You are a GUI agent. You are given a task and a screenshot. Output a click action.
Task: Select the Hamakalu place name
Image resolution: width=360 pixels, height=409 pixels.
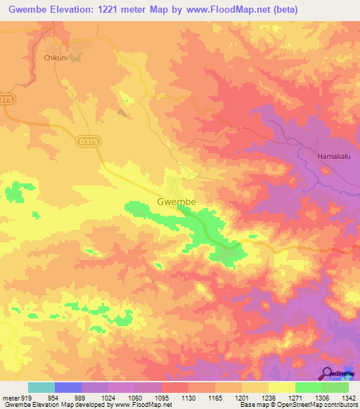pos(334,157)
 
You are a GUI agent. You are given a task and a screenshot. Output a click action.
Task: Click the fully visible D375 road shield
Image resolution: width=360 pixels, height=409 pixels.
pos(85,141)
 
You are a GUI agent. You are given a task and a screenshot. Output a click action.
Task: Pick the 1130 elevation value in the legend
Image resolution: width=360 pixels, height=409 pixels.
pos(188,397)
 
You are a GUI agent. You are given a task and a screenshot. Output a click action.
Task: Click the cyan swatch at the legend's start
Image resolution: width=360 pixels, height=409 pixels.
pos(41,387)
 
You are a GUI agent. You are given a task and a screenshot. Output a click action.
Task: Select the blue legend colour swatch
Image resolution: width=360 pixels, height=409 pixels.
pos(67,387)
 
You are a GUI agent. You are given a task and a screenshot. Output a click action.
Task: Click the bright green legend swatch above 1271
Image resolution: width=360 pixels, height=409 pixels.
pos(308,387)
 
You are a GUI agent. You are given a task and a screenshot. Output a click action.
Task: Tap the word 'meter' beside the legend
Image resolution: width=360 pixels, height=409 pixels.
pos(10,397)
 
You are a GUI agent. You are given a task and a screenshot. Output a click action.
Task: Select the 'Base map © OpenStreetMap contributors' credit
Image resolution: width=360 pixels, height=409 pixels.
pos(298,405)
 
